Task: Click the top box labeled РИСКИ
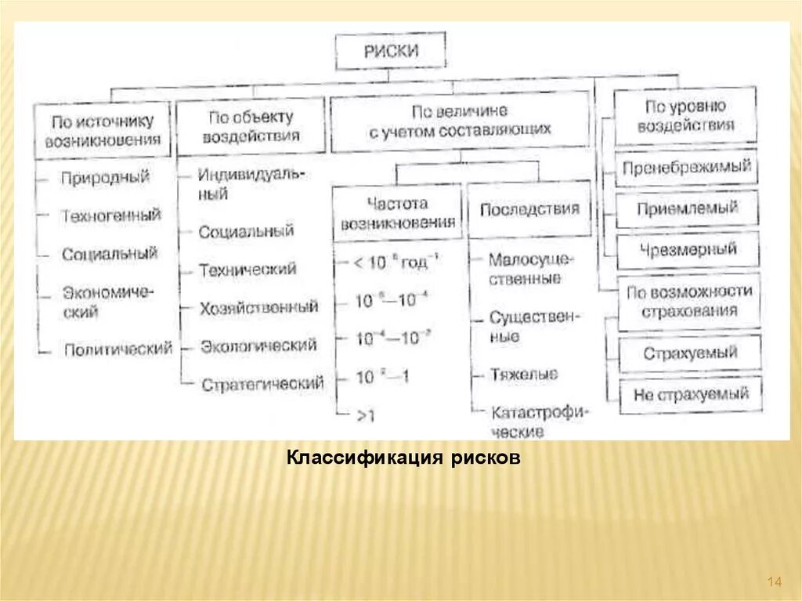[391, 52]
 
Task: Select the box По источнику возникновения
[102, 131]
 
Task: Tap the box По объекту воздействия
[251, 126]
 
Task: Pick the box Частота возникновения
[397, 212]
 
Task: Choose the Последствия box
[529, 209]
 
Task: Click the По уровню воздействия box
[685, 115]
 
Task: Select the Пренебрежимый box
[687, 167]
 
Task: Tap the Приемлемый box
[687, 208]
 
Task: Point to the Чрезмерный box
[687, 250]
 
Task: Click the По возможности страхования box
[689, 300]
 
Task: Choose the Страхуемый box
[690, 353]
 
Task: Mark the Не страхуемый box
[691, 395]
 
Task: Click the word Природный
[105, 177]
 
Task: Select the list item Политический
[117, 349]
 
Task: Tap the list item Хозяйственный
[258, 307]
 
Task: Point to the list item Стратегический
[262, 384]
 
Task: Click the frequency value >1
[365, 415]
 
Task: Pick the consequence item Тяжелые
[523, 375]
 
